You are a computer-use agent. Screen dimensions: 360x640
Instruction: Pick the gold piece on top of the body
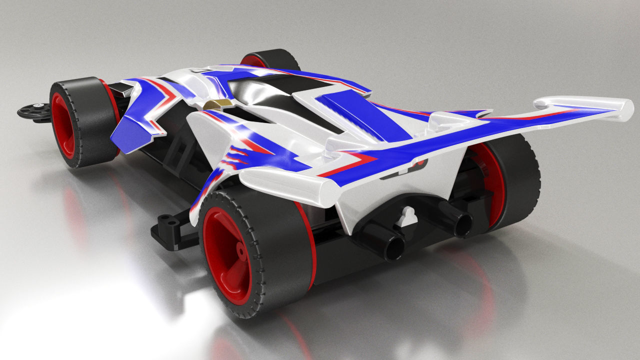tap(218, 103)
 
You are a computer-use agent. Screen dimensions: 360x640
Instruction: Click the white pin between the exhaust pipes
tap(409, 216)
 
